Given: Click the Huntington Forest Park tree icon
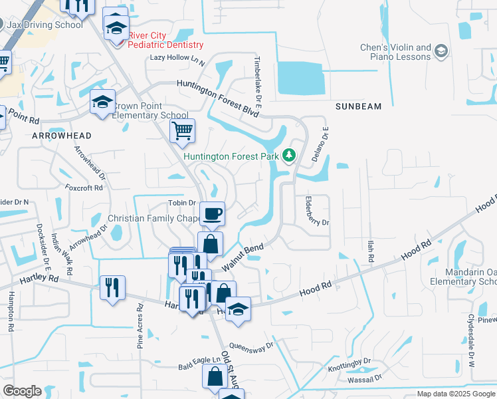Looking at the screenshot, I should [289, 156].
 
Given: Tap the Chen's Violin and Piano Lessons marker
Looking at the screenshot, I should [442, 51].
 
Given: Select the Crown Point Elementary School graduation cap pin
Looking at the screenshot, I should [102, 102].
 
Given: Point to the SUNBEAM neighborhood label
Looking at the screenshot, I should [358, 106].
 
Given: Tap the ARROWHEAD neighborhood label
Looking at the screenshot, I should [56, 135].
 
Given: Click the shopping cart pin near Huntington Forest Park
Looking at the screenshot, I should [182, 131].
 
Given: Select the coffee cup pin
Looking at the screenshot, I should [213, 214].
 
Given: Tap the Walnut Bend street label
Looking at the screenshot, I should [243, 257].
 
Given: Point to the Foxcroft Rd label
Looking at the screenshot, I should [84, 188].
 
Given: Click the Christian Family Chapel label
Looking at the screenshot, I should [154, 219].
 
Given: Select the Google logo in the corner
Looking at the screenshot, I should [23, 391].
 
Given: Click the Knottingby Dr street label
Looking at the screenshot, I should [349, 366].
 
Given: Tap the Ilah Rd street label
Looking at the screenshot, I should [370, 251].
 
